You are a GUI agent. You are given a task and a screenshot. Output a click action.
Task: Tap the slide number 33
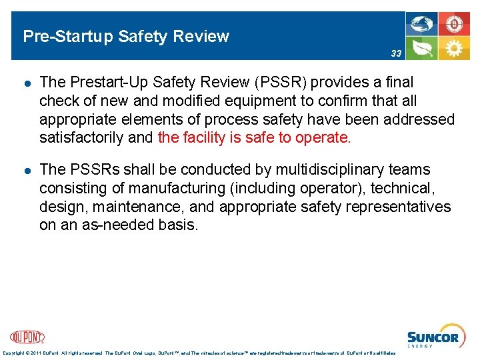396,53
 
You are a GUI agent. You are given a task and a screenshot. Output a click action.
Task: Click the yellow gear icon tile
454,48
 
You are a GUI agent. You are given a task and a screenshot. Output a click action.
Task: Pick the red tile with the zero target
454,24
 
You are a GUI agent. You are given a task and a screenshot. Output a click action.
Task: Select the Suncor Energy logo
433,338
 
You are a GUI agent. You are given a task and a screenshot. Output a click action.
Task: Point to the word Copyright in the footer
15,353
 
